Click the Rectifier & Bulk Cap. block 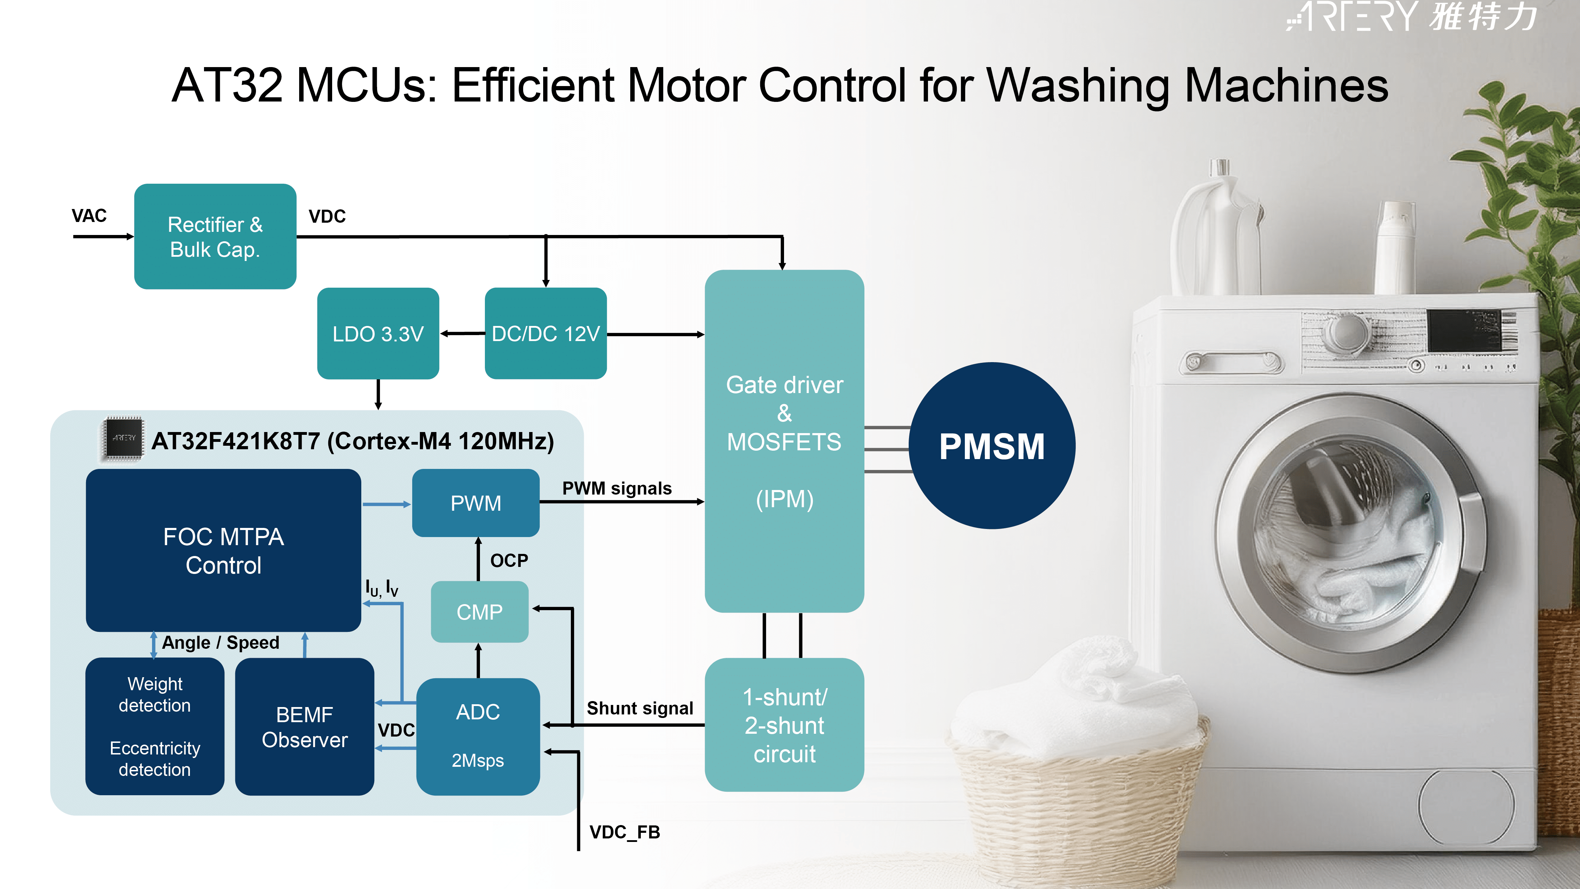pyautogui.click(x=215, y=236)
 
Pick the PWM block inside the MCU pyautogui.click(x=476, y=503)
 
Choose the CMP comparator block pyautogui.click(x=480, y=612)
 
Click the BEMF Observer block pyautogui.click(x=305, y=726)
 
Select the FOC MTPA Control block pyautogui.click(x=223, y=550)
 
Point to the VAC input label pyautogui.click(x=89, y=216)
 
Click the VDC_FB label pyautogui.click(x=624, y=832)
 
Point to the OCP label pyautogui.click(x=509, y=560)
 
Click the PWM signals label pyautogui.click(x=617, y=488)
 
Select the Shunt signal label pyautogui.click(x=640, y=708)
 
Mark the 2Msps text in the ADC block pyautogui.click(x=478, y=761)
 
